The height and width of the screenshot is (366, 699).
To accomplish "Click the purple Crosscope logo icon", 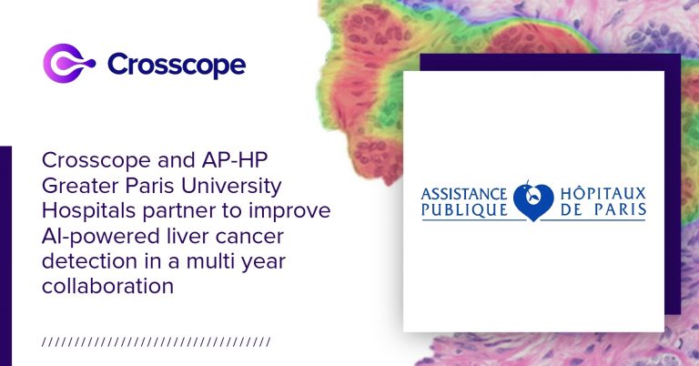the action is [68, 64].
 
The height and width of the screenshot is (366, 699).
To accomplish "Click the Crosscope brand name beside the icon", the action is [177, 65].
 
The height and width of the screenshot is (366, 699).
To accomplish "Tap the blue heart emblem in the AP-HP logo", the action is [533, 201].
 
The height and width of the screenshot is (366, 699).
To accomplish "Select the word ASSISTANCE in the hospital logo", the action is [463, 194].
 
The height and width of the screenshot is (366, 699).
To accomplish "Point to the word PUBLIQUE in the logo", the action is [464, 209].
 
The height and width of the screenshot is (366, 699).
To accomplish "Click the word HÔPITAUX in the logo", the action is [603, 193].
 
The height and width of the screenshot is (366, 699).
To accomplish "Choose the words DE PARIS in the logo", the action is [603, 209].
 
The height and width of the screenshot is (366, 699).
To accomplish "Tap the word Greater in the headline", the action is [81, 186].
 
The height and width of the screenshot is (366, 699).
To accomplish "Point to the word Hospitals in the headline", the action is [89, 211].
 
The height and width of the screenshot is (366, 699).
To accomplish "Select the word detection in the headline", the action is [89, 260].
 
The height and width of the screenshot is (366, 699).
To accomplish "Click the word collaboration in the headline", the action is [107, 286].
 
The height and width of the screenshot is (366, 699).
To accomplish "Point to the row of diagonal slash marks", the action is [156, 342].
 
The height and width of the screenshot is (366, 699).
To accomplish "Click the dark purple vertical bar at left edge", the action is [5, 256].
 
